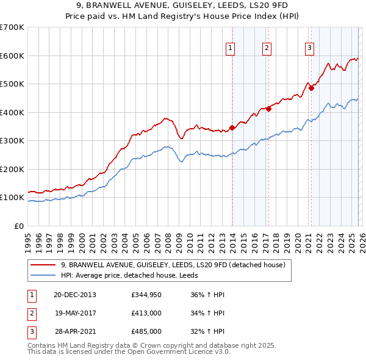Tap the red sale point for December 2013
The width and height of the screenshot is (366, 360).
(x=232, y=128)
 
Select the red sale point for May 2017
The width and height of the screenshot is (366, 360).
(x=268, y=109)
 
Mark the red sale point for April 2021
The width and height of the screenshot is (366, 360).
(x=311, y=88)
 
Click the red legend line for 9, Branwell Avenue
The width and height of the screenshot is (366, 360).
(x=43, y=265)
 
